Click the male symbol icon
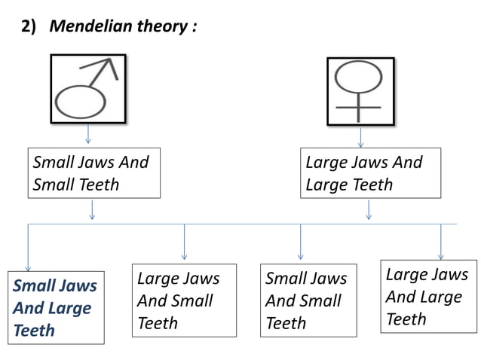[x=87, y=89]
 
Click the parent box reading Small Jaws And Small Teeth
[x=94, y=173]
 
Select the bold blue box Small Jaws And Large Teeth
[x=56, y=308]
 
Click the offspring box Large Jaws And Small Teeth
[x=183, y=300]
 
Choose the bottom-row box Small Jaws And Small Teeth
[x=308, y=300]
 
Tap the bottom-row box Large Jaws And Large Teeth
[x=428, y=296]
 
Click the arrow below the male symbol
[x=89, y=135]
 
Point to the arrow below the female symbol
[x=361, y=136]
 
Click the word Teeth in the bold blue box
[x=34, y=330]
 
